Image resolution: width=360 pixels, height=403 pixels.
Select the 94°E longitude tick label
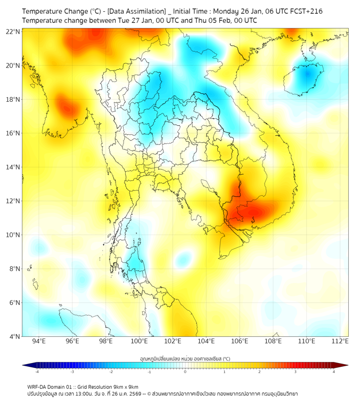point(39,341)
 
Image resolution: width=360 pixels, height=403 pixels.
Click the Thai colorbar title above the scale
point(185,359)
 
